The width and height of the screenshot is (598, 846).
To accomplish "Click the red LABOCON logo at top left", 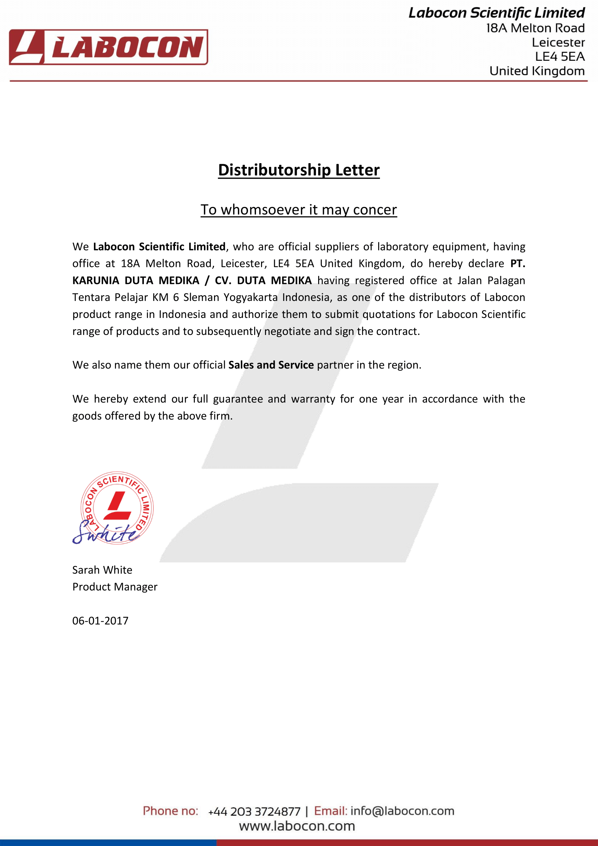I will (108, 47).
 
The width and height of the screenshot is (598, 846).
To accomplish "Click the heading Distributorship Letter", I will (299, 170).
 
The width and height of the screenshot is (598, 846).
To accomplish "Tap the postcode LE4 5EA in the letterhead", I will (559, 57).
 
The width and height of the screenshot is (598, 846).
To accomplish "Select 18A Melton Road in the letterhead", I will (535, 28).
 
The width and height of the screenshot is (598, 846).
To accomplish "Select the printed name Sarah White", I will (102, 570).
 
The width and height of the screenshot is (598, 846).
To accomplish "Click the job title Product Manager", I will (115, 587).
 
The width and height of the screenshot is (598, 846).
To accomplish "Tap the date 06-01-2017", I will (100, 621).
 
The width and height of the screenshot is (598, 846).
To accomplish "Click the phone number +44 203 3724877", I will (254, 811).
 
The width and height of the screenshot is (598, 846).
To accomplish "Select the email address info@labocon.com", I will (402, 811).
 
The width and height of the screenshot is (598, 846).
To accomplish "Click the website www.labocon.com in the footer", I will (297, 826).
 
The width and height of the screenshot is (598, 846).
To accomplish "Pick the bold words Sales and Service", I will (271, 365).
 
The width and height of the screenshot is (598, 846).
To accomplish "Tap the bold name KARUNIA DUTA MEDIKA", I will (136, 281).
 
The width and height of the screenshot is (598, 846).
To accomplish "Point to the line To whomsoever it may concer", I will (299, 210).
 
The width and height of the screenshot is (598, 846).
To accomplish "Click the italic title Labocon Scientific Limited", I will (496, 13).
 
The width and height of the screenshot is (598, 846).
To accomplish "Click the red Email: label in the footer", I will (330, 811).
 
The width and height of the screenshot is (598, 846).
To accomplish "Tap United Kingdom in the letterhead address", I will (537, 71).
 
